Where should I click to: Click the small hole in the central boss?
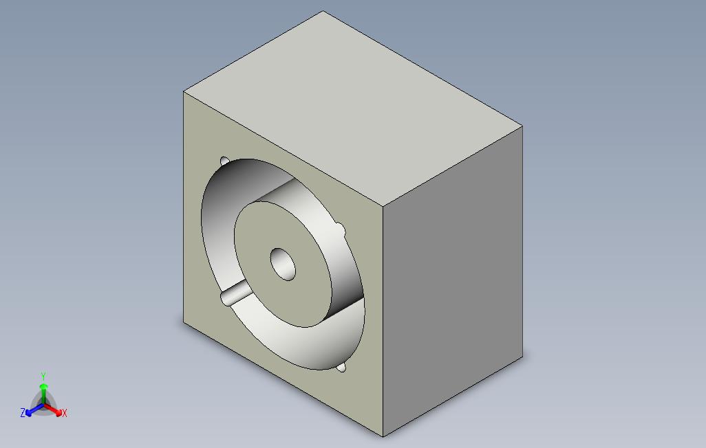(x=283, y=264)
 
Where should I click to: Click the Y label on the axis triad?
(x=43, y=376)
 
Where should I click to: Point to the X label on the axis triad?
(x=64, y=413)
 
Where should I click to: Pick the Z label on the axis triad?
(x=23, y=413)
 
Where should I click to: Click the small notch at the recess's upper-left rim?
(x=224, y=161)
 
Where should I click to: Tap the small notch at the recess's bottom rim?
(x=341, y=368)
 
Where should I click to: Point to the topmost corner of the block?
(x=323, y=11)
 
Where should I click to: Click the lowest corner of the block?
(x=383, y=436)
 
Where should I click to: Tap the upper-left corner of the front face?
(x=184, y=91)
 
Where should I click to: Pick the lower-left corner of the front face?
(x=184, y=323)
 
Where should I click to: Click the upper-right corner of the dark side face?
(x=522, y=126)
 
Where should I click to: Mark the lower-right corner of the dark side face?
(x=522, y=357)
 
